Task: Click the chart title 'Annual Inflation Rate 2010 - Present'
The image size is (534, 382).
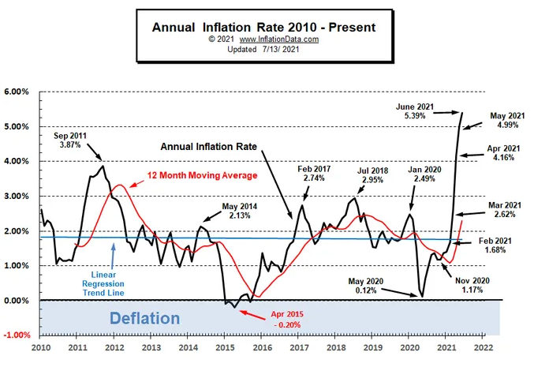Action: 263,27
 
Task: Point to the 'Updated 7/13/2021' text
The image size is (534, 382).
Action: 263,49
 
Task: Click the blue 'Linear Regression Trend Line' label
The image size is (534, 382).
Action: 104,277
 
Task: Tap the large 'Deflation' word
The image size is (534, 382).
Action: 144,319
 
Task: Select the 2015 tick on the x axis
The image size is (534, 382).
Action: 225,346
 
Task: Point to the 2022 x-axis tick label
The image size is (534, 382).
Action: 484,346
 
